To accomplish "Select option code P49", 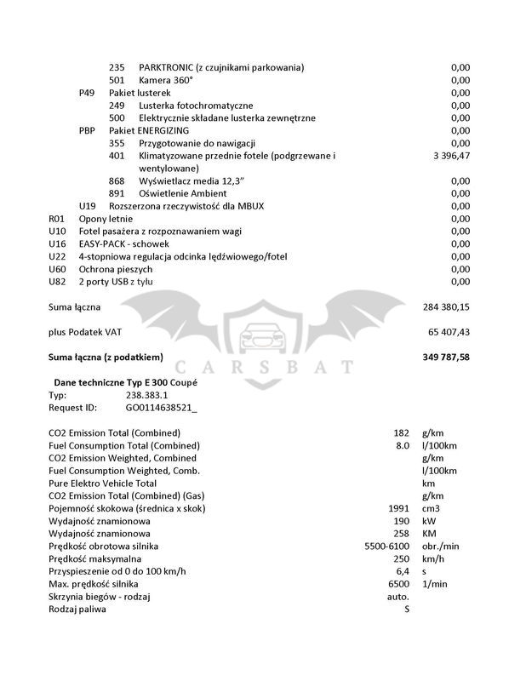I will pyautogui.click(x=87, y=93).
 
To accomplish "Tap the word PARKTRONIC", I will pyautogui.click(x=166, y=67).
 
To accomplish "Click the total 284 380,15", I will pyautogui.click(x=446, y=306).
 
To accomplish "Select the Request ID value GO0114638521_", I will pyautogui.click(x=161, y=408).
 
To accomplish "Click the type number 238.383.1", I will pyautogui.click(x=147, y=395).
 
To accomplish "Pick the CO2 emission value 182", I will pyautogui.click(x=400, y=432).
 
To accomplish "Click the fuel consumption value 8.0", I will pyautogui.click(x=402, y=445).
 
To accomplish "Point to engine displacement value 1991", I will pyautogui.click(x=398, y=508).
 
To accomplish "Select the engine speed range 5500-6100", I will pyautogui.click(x=387, y=546).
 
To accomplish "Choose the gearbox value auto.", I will pyautogui.click(x=398, y=596).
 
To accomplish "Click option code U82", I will pyautogui.click(x=57, y=281).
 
